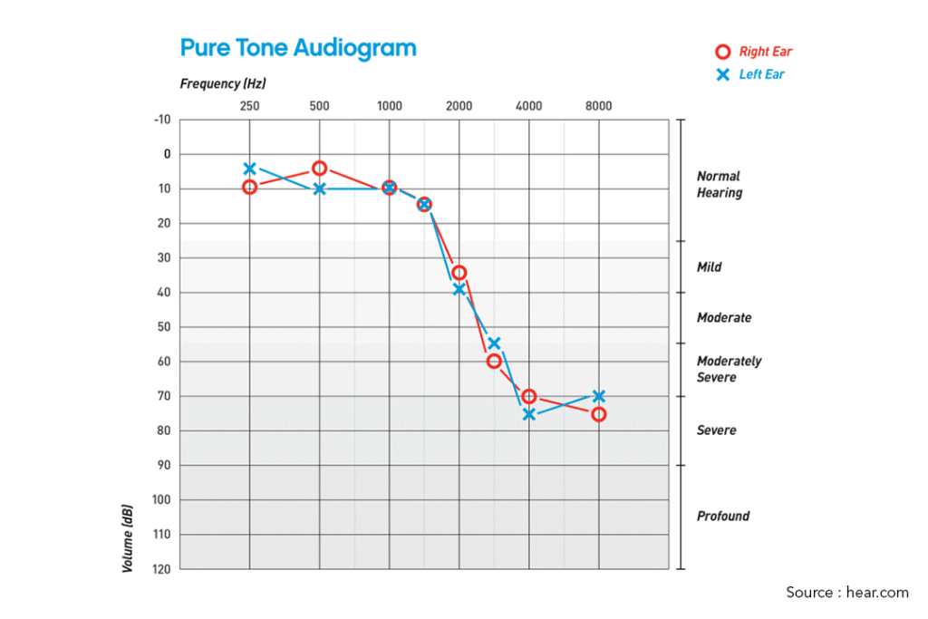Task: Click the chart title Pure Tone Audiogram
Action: pyautogui.click(x=298, y=47)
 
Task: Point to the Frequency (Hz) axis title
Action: pyautogui.click(x=223, y=84)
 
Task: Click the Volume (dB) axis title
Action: pyautogui.click(x=128, y=537)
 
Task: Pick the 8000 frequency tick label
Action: pyautogui.click(x=598, y=106)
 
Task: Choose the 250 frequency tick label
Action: pyautogui.click(x=249, y=106)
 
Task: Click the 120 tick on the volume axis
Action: pyautogui.click(x=160, y=569)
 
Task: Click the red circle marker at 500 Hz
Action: pyautogui.click(x=319, y=169)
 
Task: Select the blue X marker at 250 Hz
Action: pyautogui.click(x=249, y=169)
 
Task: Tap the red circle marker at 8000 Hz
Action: pyautogui.click(x=598, y=414)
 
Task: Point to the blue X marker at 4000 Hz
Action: pyautogui.click(x=529, y=414)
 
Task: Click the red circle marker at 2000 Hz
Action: pyautogui.click(x=459, y=273)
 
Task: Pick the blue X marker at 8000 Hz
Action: pyautogui.click(x=598, y=396)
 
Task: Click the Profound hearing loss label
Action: pyautogui.click(x=722, y=517)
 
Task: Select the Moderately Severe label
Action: pyautogui.click(x=729, y=369)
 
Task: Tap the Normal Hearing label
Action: pyautogui.click(x=719, y=184)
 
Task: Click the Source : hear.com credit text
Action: pyautogui.click(x=846, y=593)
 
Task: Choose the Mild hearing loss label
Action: pyautogui.click(x=709, y=267)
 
